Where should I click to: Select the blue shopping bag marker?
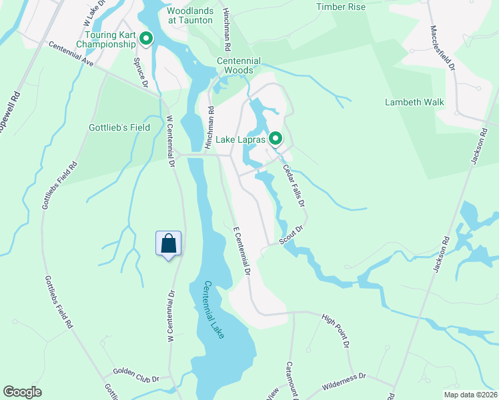coord(169,243)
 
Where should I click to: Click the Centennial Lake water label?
coord(213,309)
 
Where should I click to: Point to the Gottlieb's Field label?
coord(120,127)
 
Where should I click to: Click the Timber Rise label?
coord(341,7)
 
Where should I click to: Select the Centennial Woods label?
coord(235,65)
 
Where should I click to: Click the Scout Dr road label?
coord(291,237)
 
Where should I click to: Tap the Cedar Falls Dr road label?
coord(293,185)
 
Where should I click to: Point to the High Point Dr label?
coord(336,331)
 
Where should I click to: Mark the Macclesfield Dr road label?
coord(442,48)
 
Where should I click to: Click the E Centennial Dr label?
coord(241,251)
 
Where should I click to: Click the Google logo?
coord(23,392)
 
